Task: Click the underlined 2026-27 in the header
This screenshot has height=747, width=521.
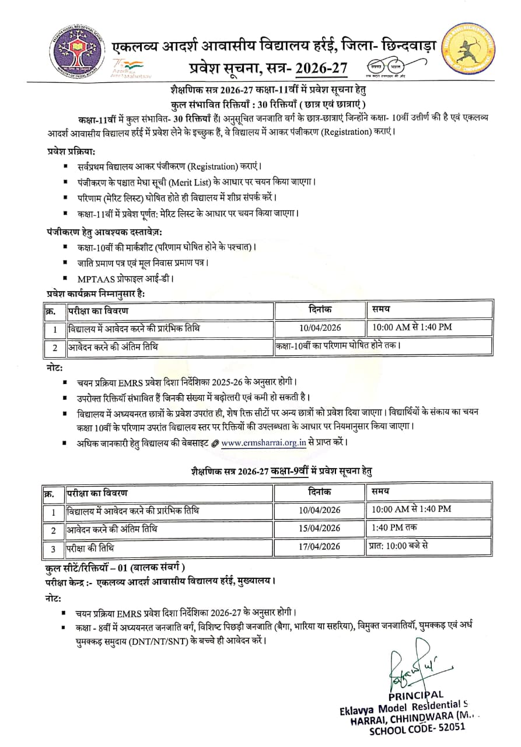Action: point(320,69)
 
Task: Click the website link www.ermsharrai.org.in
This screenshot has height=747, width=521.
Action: point(264,442)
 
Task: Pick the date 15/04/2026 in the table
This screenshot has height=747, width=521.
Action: point(319,528)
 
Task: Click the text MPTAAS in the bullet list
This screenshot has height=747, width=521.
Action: point(97,278)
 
